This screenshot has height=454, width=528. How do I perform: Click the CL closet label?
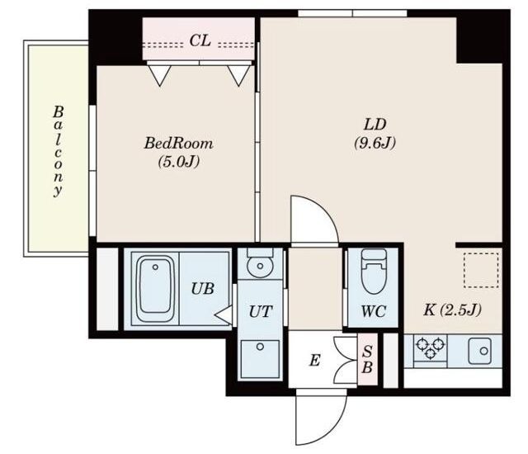click(200, 40)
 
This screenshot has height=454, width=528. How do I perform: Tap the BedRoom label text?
click(178, 144)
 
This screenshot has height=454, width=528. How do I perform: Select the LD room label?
click(375, 125)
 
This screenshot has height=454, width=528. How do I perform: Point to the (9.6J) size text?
click(375, 143)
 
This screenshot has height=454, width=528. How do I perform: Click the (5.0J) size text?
click(179, 162)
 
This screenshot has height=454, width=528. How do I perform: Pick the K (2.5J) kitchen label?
click(452, 310)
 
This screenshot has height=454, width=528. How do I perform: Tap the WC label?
click(373, 311)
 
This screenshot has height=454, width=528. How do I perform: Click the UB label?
click(203, 289)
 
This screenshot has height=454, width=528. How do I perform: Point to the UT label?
click(261, 311)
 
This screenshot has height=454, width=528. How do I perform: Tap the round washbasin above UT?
click(260, 266)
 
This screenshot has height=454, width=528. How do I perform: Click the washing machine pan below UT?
click(260, 359)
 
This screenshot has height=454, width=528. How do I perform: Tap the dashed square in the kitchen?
click(481, 270)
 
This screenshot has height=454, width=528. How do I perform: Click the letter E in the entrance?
click(314, 361)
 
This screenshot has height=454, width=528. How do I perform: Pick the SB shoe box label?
click(367, 360)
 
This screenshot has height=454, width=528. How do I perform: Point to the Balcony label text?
click(58, 152)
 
